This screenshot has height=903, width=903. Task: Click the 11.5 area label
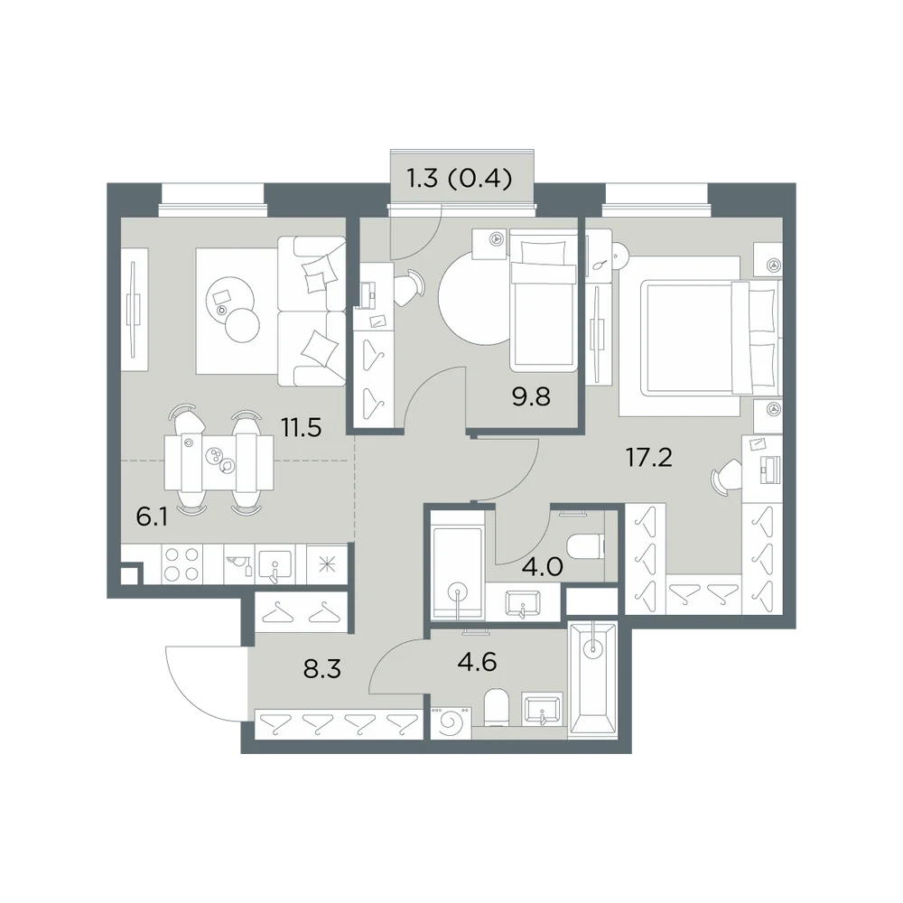(x=301, y=428)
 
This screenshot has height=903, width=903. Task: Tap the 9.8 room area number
(x=532, y=396)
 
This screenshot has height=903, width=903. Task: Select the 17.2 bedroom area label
(x=649, y=458)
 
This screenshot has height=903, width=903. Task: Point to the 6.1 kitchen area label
(x=152, y=517)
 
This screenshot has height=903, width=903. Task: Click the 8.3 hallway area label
(x=322, y=669)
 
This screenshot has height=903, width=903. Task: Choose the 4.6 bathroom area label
(x=477, y=662)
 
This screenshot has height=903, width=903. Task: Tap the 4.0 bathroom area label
(x=543, y=567)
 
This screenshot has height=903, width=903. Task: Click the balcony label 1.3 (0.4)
(x=460, y=179)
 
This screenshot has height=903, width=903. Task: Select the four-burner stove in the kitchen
(x=182, y=563)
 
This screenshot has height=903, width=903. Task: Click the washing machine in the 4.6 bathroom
(x=451, y=722)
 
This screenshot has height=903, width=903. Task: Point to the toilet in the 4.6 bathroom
(x=496, y=707)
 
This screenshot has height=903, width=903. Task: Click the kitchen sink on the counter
(x=275, y=564)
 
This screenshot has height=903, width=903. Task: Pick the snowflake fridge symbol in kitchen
(x=327, y=564)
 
